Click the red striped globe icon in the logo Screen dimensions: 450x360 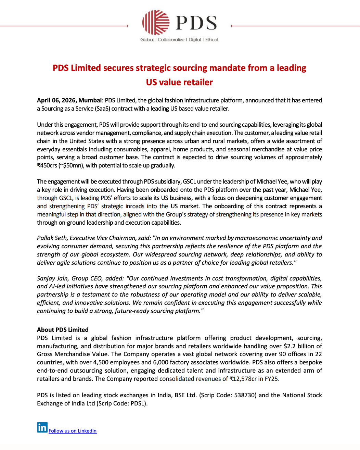pos(156,22)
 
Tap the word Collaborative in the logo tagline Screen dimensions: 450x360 pos(171,40)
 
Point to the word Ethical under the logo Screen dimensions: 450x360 pos(212,40)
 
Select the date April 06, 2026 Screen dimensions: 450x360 pos(56,100)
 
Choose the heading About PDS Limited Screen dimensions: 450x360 pos(63,330)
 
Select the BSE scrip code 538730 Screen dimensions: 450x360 pos(245,395)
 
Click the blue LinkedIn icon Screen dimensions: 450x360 pos(42,427)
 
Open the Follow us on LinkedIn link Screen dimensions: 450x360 pos(73,431)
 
